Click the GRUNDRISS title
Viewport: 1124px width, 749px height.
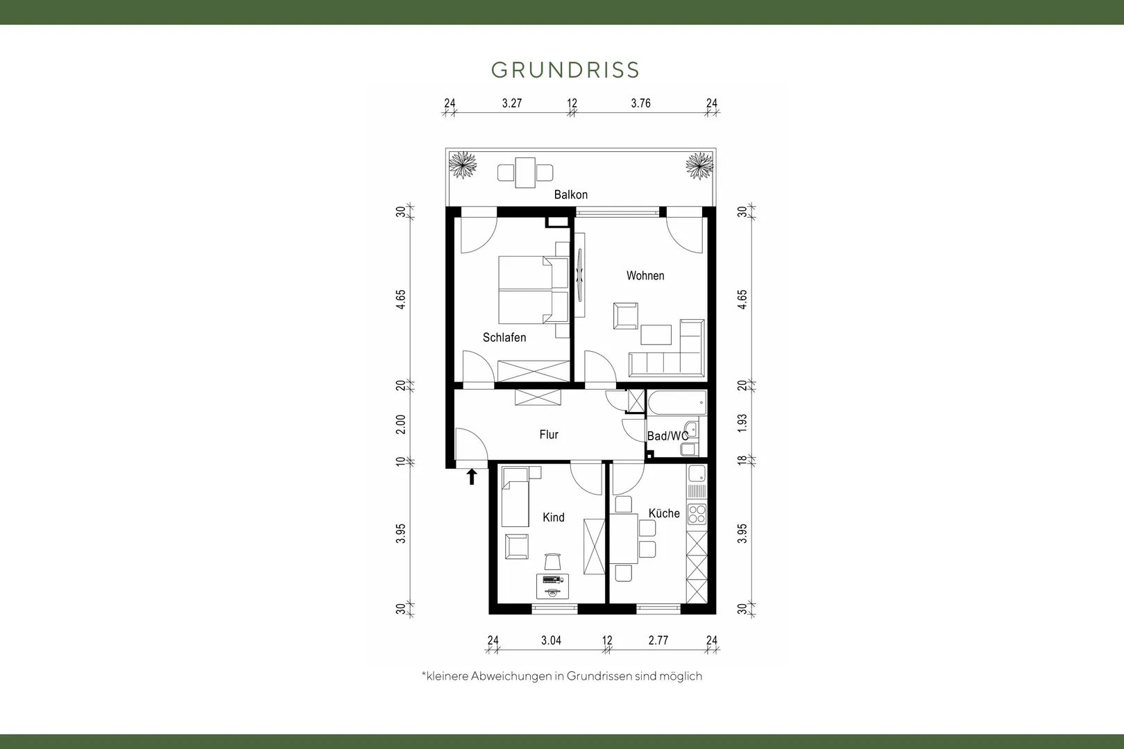click(x=565, y=70)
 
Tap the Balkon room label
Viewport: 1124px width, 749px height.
click(x=570, y=195)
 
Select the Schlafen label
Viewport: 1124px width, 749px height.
click(x=504, y=338)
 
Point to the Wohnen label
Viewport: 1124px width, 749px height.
click(x=645, y=275)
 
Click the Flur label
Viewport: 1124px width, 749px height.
click(x=549, y=434)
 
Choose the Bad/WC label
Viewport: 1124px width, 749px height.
click(x=668, y=436)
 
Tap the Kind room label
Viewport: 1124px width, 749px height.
click(x=554, y=517)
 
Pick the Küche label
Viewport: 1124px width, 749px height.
click(x=664, y=513)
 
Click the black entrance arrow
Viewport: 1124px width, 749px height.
click(x=472, y=476)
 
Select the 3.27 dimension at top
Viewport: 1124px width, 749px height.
click(x=512, y=103)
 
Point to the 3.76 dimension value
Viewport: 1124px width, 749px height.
click(x=641, y=103)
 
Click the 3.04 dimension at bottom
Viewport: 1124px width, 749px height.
click(x=551, y=640)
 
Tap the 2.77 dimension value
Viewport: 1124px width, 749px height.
click(x=658, y=640)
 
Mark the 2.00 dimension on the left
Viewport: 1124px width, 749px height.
click(x=400, y=424)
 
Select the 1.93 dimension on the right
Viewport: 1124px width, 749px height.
click(x=742, y=424)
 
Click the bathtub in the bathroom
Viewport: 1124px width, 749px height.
click(x=676, y=403)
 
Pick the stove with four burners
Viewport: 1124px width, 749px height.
click(x=697, y=515)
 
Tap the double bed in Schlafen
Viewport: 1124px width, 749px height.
click(x=534, y=290)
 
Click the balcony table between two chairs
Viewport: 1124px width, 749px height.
click(x=525, y=173)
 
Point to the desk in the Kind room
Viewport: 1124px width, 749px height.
click(x=552, y=586)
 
